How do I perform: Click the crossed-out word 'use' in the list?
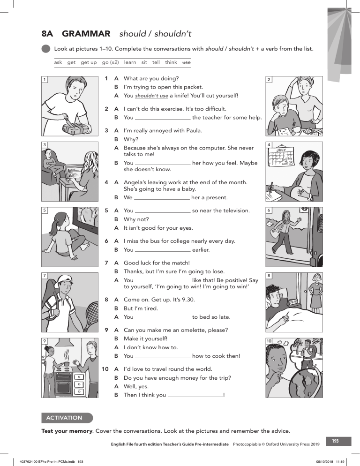[x=186, y=62]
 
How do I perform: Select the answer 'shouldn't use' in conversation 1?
[x=151, y=96]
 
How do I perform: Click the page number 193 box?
[x=335, y=441]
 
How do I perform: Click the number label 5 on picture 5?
[x=45, y=210]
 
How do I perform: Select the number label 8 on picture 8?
[x=269, y=275]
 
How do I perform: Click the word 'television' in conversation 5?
[x=232, y=210]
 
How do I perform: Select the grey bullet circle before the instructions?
[x=45, y=48]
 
